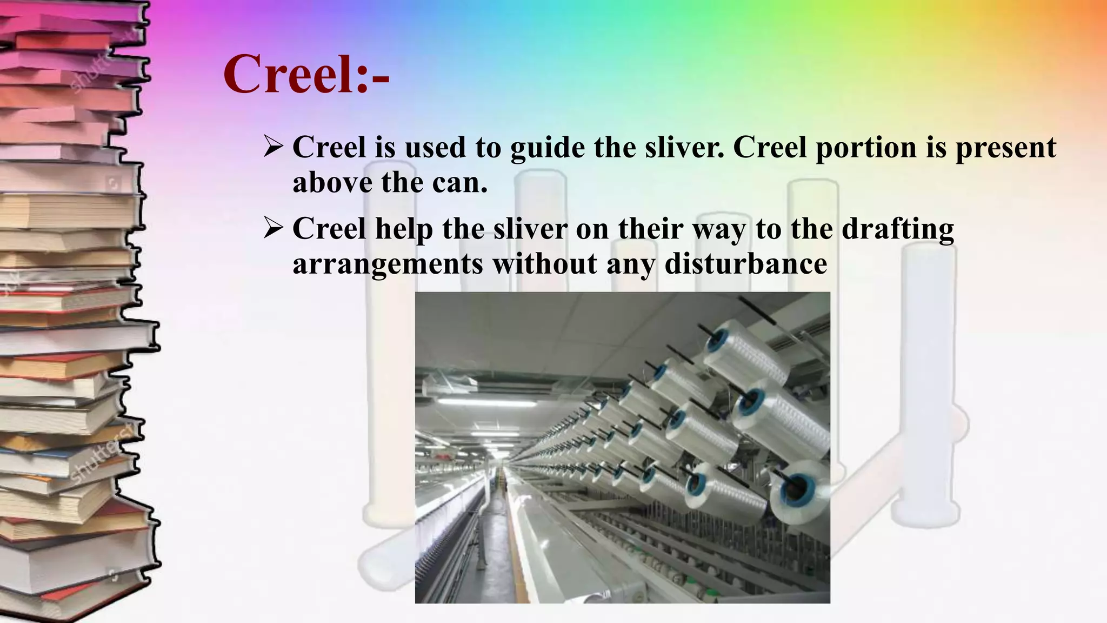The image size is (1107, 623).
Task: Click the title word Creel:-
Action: (x=306, y=74)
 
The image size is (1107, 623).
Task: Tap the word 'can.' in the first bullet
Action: (x=459, y=183)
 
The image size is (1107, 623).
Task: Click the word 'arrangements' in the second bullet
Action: (x=388, y=264)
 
